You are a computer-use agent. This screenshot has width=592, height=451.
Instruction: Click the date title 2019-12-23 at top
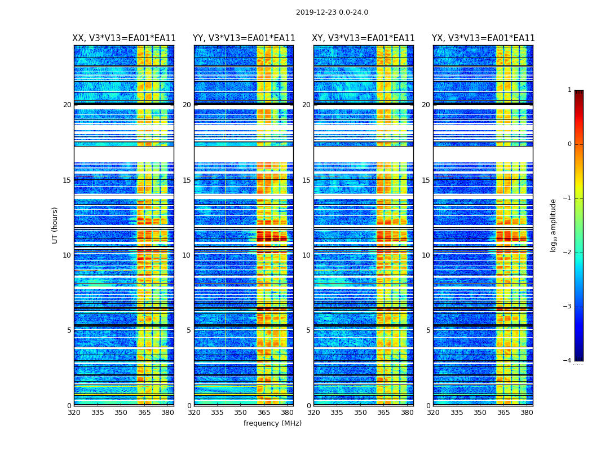(332, 12)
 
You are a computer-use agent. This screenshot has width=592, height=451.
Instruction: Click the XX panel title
(124, 38)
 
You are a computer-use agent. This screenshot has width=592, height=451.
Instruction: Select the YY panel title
(244, 38)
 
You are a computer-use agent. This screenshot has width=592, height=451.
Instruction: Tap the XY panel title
(364, 38)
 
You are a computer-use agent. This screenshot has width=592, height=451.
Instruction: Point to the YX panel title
(483, 38)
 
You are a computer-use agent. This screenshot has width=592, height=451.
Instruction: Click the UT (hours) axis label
(55, 225)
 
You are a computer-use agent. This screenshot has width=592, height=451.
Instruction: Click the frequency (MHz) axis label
(272, 423)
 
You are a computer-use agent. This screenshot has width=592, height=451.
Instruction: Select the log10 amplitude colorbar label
(554, 225)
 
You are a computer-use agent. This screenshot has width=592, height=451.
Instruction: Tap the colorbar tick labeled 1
(569, 90)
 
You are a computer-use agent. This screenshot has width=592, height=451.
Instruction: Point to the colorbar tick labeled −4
(568, 361)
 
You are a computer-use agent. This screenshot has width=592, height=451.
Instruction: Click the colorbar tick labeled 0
(569, 144)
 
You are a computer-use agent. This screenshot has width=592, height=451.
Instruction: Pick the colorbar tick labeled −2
(568, 253)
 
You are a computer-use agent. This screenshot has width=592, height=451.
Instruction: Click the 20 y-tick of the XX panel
(67, 105)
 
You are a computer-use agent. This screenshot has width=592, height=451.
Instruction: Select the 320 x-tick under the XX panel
(74, 413)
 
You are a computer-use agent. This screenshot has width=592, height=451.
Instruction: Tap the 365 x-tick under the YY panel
(264, 413)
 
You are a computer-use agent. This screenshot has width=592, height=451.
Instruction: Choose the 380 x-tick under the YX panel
(527, 413)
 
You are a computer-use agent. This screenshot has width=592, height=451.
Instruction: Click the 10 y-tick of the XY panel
(306, 255)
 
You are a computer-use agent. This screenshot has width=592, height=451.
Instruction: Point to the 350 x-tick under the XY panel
(360, 413)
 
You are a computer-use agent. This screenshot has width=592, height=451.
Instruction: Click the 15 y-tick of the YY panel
(187, 180)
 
